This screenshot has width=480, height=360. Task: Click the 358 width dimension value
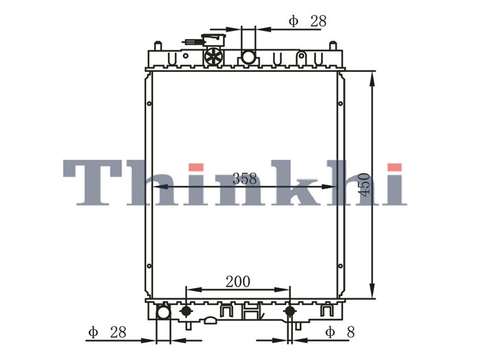point(245,179)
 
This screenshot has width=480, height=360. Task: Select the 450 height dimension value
point(364,184)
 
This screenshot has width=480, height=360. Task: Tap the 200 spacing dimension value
point(238,282)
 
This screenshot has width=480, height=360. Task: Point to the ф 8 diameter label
point(340,332)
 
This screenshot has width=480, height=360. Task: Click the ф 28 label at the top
point(308,21)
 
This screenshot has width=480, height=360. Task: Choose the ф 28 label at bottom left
point(107,332)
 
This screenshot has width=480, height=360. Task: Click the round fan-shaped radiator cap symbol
point(213,56)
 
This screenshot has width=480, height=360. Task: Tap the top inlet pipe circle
point(248,57)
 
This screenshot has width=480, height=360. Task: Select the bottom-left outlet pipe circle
point(163,313)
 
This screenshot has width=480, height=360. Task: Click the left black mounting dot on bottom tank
point(186,311)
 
